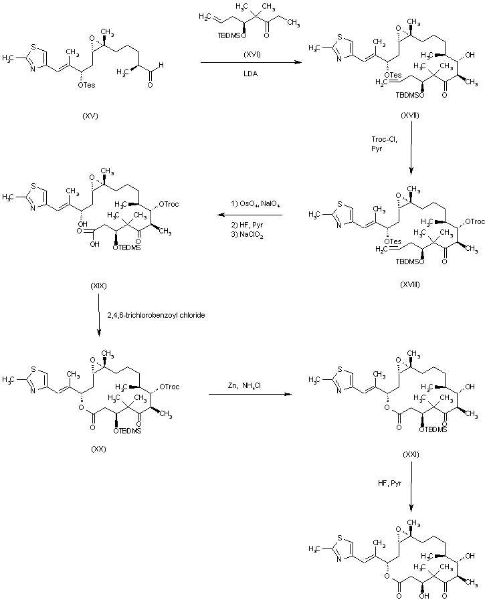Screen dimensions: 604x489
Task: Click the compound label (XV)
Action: [91, 116]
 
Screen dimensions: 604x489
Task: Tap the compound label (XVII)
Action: [410, 116]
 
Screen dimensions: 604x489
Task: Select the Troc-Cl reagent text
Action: [384, 138]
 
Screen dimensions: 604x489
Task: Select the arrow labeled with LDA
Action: [252, 62]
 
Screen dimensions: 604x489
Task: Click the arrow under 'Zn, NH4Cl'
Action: [251, 394]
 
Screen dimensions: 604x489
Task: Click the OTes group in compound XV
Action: [86, 84]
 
